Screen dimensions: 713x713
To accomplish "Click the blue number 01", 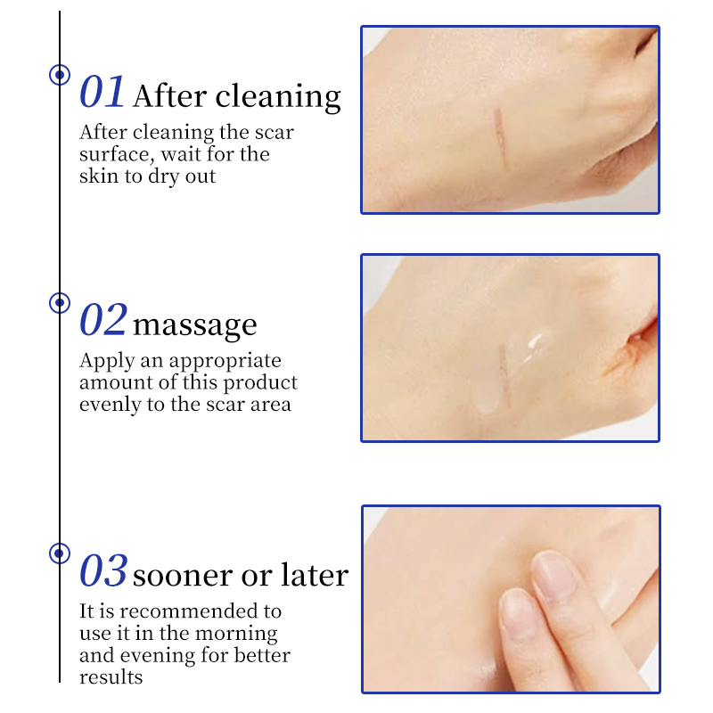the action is (102, 92).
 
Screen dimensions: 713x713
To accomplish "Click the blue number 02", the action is (102, 320).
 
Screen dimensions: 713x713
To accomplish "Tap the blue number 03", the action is (103, 570).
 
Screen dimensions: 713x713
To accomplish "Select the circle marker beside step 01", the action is (60, 75).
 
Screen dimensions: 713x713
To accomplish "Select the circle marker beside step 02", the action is (60, 303).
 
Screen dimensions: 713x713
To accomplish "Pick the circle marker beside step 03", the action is (60, 553).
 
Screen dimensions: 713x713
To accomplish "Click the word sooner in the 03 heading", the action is (183, 576).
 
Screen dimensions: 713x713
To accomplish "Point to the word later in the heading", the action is (315, 574).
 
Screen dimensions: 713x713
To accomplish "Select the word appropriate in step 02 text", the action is (225, 362).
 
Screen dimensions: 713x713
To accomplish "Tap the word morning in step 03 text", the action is (236, 635).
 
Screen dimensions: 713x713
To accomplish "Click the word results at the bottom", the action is (111, 677).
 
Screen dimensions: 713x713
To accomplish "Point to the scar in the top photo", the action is (501, 139).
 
